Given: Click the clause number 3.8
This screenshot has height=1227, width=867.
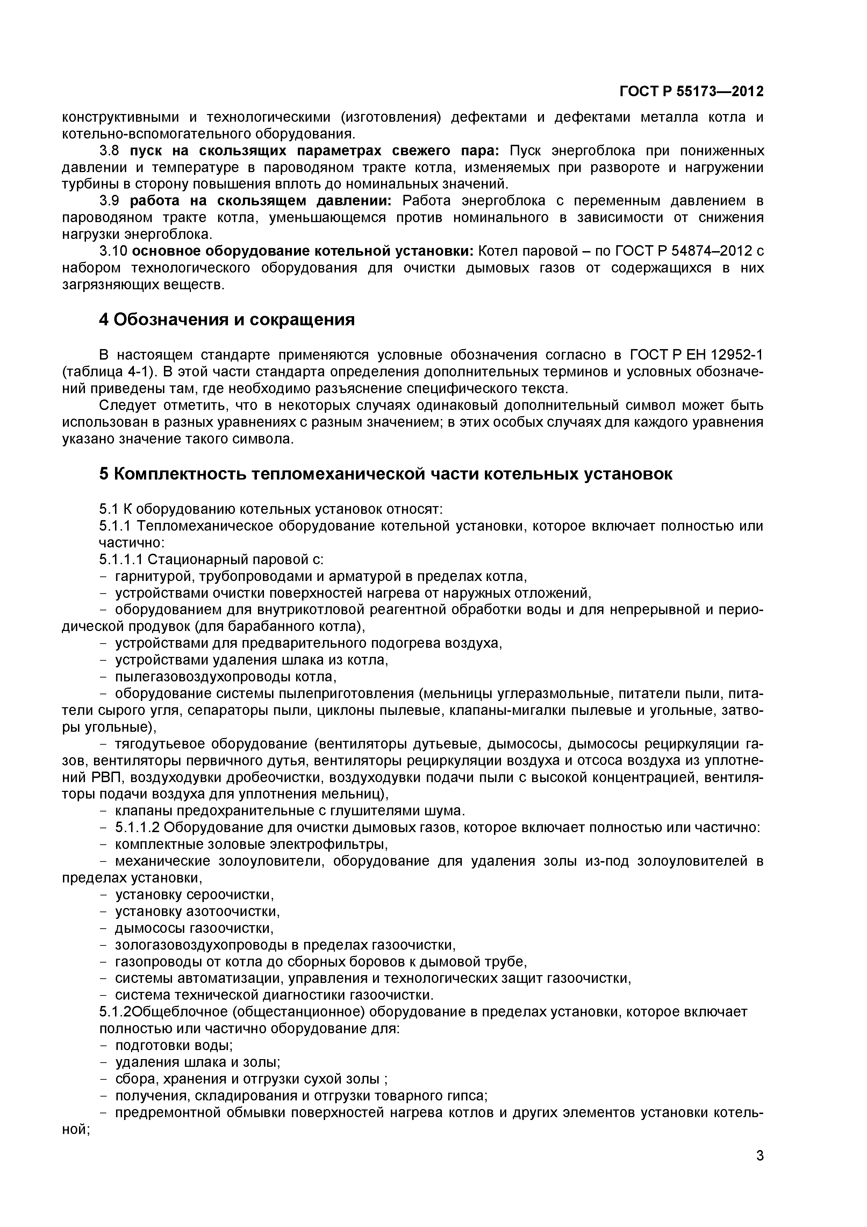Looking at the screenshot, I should (x=109, y=151).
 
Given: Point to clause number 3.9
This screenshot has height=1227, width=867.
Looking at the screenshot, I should (x=109, y=201).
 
